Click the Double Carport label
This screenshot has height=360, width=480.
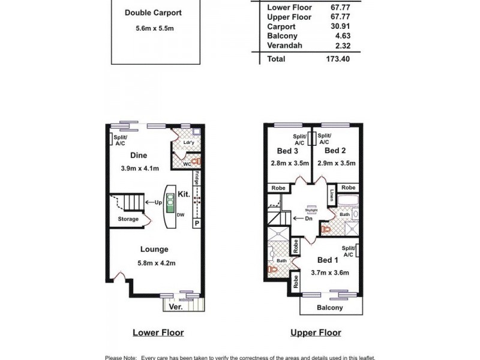pos(153,13)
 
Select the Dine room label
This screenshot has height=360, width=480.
pos(139,155)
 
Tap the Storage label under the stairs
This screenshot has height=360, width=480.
pos(128,219)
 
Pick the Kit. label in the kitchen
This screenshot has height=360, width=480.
pos(184,194)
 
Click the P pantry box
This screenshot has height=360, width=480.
pos(196,223)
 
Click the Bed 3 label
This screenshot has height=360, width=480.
pos(284,151)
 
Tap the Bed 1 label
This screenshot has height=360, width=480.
pos(328,260)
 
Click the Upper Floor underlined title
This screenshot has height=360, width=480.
pos(315,332)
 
